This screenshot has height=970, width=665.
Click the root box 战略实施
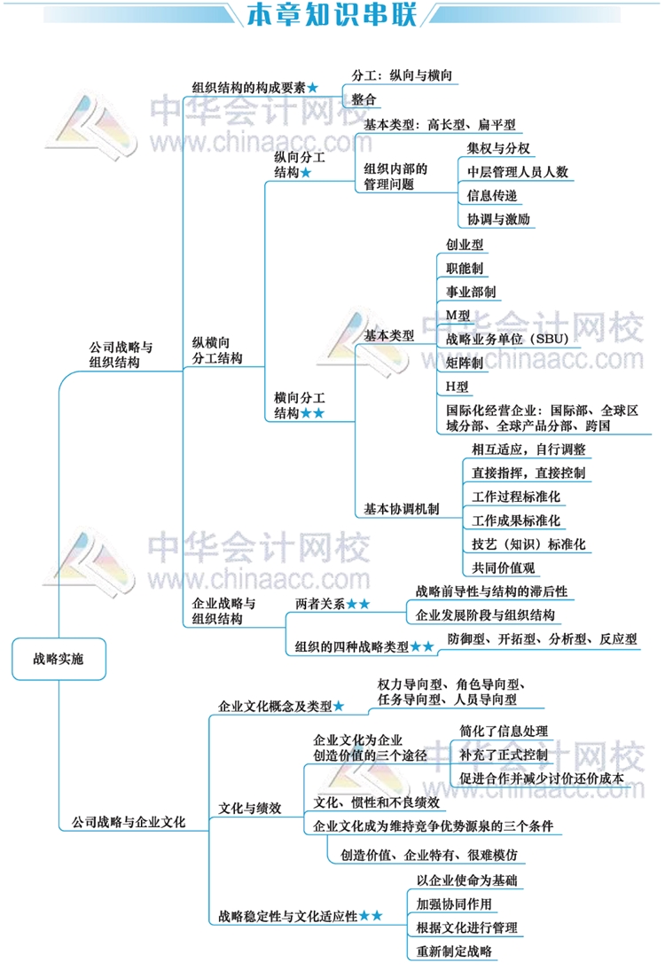(59, 659)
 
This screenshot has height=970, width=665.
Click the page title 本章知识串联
(332, 14)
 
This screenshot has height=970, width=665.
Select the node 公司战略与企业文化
(129, 822)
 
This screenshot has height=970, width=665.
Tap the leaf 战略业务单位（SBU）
(507, 339)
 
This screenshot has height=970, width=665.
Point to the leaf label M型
(458, 316)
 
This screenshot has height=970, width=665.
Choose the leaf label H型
(458, 387)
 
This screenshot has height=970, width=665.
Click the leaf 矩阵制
(465, 364)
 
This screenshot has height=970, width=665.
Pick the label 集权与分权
(498, 148)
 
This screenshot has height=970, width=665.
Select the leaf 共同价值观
(503, 567)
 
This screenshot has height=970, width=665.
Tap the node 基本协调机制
(402, 509)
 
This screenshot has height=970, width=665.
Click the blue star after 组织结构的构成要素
(312, 88)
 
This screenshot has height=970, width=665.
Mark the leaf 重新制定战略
(454, 951)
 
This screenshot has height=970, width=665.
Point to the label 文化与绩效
(250, 808)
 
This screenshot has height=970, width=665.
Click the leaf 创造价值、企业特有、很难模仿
(428, 855)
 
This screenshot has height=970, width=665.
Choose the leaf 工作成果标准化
(516, 520)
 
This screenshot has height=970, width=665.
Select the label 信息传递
(492, 195)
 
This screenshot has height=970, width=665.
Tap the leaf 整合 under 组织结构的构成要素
(364, 99)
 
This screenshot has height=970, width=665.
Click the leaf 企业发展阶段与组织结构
(485, 615)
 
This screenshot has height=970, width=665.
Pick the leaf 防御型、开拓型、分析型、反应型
(542, 639)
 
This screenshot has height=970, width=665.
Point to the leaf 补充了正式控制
(504, 755)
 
